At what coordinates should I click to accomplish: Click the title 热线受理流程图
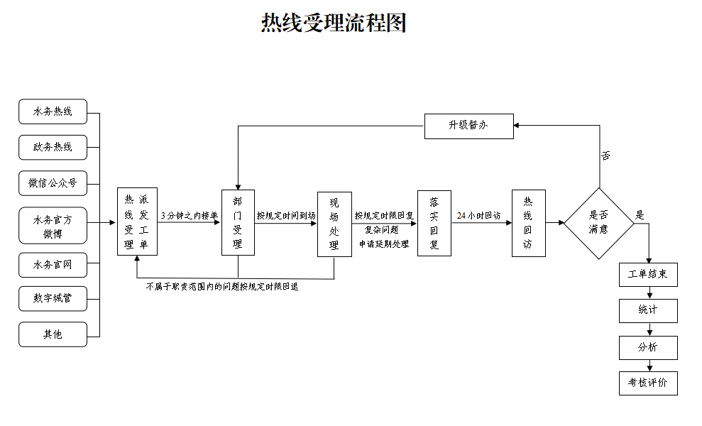click(x=334, y=23)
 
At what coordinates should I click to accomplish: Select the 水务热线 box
click(x=53, y=111)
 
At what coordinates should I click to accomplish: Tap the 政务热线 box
click(x=53, y=147)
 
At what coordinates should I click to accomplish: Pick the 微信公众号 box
click(x=53, y=182)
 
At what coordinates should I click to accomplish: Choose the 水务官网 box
click(x=53, y=266)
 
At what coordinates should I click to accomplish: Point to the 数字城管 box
click(x=53, y=299)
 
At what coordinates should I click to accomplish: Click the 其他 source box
click(x=53, y=334)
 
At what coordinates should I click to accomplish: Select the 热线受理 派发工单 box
click(x=137, y=222)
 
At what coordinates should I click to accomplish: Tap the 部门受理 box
click(x=238, y=222)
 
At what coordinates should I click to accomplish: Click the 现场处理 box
click(x=334, y=224)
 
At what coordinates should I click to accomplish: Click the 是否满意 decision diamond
click(x=599, y=223)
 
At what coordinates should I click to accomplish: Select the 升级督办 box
click(x=468, y=126)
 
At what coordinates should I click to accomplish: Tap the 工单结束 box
click(x=648, y=274)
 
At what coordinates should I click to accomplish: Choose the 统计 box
click(x=648, y=310)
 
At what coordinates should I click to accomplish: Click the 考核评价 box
click(x=648, y=383)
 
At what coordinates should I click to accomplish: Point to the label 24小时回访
click(x=478, y=215)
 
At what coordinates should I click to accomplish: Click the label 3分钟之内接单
click(x=189, y=215)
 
